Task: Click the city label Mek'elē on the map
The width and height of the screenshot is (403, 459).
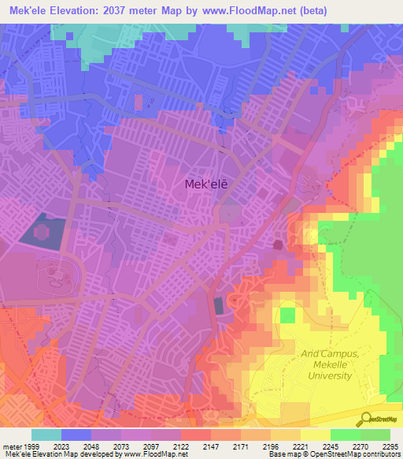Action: [x=207, y=184]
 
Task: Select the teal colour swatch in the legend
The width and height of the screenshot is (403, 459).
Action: [x=46, y=435]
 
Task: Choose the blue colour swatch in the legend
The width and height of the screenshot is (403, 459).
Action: [x=76, y=435]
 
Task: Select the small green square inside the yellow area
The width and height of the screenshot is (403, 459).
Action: [x=289, y=315]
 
